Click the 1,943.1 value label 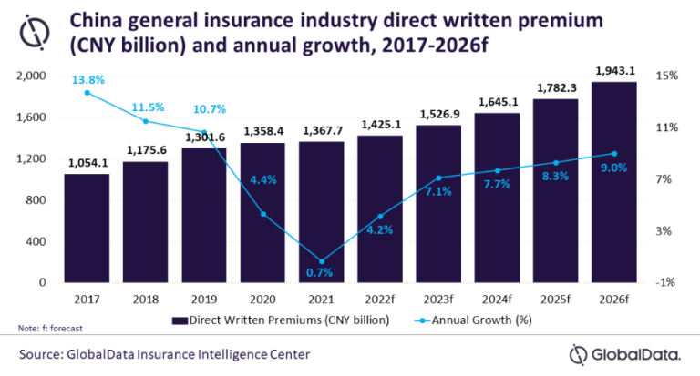(x=614, y=72)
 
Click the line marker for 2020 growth (x=262, y=214)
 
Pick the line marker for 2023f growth (x=438, y=178)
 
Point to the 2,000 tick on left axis (x=31, y=76)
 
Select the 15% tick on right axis (x=667, y=76)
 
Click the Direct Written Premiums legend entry (x=282, y=320)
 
